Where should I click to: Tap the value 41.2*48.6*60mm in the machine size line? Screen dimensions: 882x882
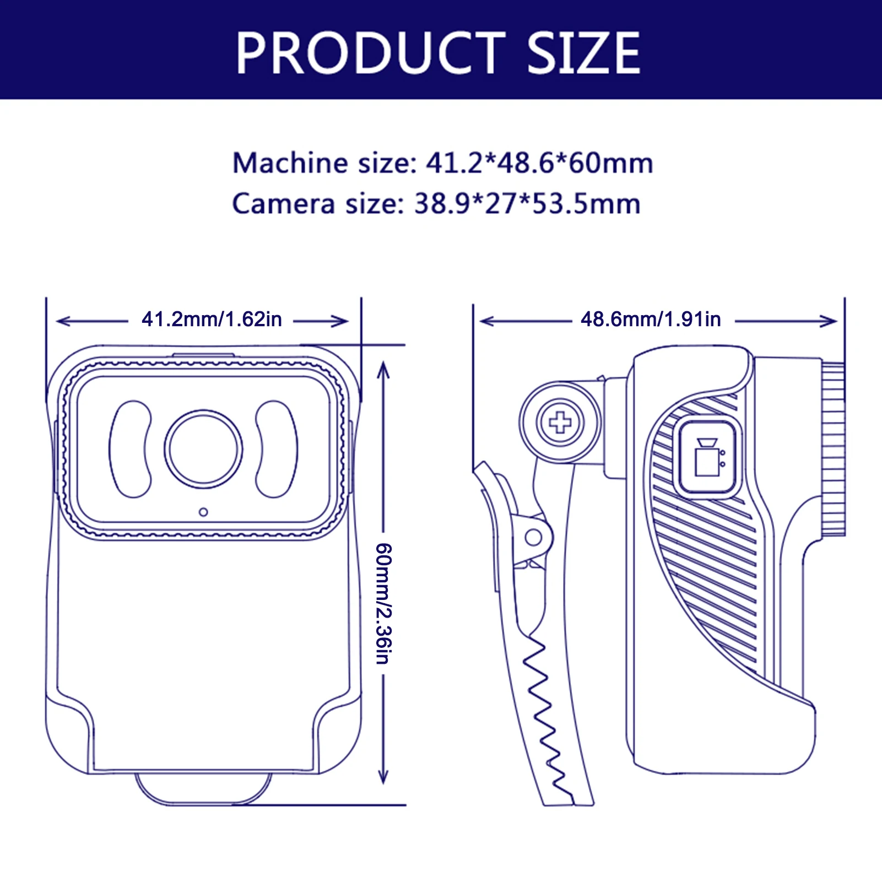[x=539, y=163]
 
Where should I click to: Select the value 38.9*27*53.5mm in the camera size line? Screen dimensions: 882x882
[x=527, y=204]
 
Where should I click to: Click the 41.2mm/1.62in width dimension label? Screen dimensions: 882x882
[x=212, y=320]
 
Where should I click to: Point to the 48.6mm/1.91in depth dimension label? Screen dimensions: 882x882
[x=651, y=320]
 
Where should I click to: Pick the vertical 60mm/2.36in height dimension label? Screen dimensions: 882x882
[x=383, y=603]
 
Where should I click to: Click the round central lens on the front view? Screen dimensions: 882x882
[x=203, y=449]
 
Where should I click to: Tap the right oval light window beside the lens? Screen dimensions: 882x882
[x=277, y=449]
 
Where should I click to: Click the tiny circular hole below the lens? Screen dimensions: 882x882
[x=203, y=512]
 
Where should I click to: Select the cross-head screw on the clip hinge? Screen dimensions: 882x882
[x=560, y=423]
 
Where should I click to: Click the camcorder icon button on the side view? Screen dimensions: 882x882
[x=708, y=458]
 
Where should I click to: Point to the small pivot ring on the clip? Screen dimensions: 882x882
[x=533, y=537]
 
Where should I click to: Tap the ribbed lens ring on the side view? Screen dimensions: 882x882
[x=833, y=449]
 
